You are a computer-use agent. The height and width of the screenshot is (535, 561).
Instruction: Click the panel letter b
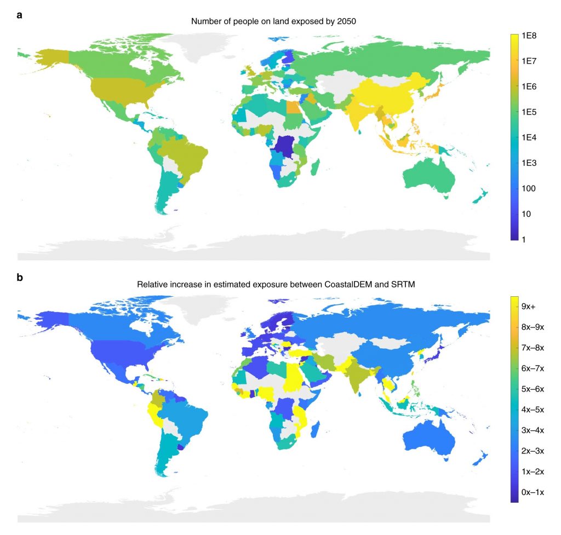(x=20, y=277)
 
